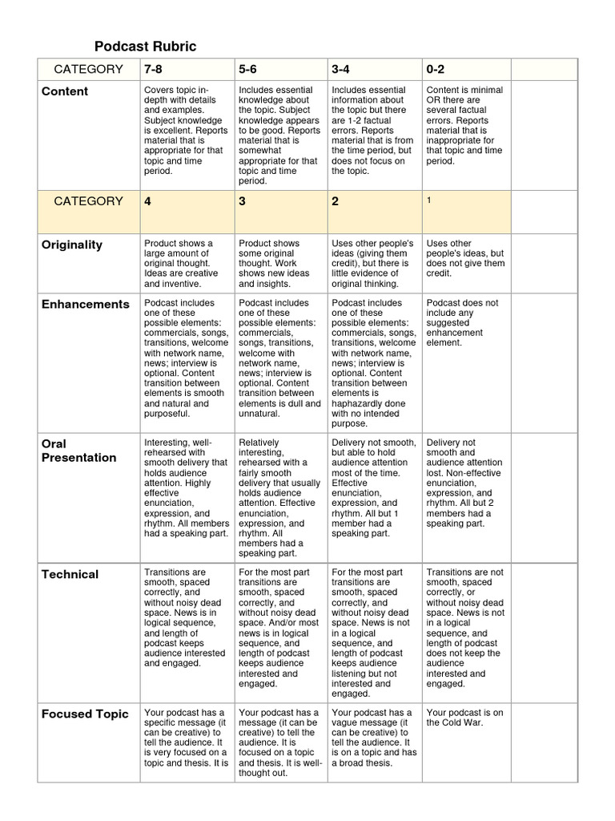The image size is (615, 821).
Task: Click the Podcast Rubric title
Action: pyautogui.click(x=145, y=47)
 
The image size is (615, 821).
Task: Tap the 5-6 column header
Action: pyautogui.click(x=247, y=69)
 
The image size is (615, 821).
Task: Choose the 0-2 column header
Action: pyautogui.click(x=436, y=69)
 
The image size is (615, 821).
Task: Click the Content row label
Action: pyautogui.click(x=65, y=91)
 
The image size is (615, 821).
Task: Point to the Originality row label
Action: pyautogui.click(x=72, y=245)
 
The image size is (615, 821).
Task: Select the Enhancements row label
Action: pyautogui.click(x=85, y=304)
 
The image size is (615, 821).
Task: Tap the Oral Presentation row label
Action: pyautogui.click(x=78, y=451)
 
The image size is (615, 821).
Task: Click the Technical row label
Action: pyautogui.click(x=70, y=574)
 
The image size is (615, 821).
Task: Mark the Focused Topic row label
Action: pyautogui.click(x=85, y=714)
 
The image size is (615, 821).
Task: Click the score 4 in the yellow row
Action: pyautogui.click(x=147, y=201)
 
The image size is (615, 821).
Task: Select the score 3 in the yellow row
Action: pyautogui.click(x=242, y=201)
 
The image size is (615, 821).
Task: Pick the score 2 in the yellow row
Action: pyautogui.click(x=335, y=201)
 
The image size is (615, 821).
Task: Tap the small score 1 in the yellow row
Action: pyautogui.click(x=429, y=200)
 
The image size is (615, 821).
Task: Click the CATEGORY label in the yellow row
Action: pyautogui.click(x=88, y=201)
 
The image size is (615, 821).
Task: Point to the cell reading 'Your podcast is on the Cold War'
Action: pyautogui.click(x=464, y=717)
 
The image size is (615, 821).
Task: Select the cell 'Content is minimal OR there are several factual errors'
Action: pyautogui.click(x=464, y=125)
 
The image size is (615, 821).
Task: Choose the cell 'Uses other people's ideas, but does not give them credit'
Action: pyautogui.click(x=464, y=258)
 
